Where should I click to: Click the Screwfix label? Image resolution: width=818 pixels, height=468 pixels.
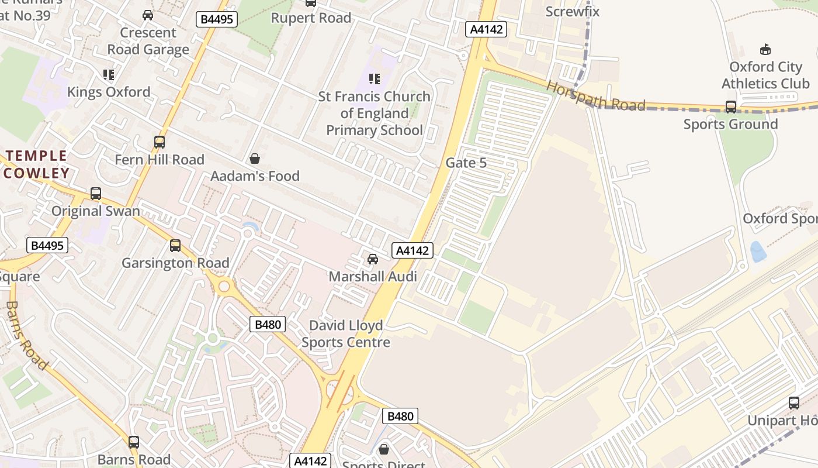pos(572,11)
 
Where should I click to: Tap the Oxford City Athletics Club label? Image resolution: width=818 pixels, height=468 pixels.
pos(765,75)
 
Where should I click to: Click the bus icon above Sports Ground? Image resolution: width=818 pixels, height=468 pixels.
pos(730,107)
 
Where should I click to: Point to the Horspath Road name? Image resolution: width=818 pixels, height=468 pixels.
pos(596,96)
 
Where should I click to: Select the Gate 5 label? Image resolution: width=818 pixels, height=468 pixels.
pos(466,163)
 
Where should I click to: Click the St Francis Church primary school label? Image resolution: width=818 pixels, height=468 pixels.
pos(374,113)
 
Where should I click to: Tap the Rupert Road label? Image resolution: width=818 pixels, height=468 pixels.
pos(311,18)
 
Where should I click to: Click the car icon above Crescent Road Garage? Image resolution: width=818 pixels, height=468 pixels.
pos(148,15)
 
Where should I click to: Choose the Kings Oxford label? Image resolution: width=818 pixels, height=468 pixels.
pos(109,92)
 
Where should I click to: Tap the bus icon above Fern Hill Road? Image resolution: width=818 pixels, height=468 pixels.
pos(159,142)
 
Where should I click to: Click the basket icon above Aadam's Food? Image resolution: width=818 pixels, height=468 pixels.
pos(254,159)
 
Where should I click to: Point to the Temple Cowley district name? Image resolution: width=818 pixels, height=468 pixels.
pos(37,164)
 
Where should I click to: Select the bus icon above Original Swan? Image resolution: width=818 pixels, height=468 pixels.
pos(96,194)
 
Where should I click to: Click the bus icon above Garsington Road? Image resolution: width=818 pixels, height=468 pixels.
pos(175,246)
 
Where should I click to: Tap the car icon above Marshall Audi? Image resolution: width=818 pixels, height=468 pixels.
pos(372,259)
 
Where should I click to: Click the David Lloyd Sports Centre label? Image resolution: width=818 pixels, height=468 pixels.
pos(345,333)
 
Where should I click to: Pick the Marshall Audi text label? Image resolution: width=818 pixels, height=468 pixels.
pos(373,276)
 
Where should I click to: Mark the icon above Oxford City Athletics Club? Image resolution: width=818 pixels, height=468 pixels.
pos(765,49)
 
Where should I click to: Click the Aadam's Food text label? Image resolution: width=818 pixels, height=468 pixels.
pos(255,176)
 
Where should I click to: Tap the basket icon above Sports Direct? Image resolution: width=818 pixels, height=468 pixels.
pos(384,449)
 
